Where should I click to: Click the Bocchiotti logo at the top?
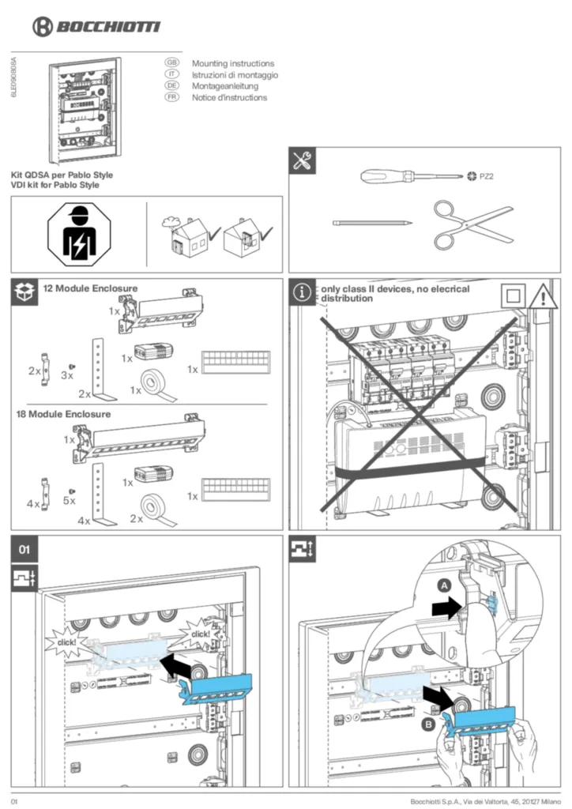[x=96, y=27]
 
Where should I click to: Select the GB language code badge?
[x=171, y=62]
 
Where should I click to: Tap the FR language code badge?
[x=171, y=97]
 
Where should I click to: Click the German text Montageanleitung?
[x=224, y=86]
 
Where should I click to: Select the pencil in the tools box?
[x=372, y=223]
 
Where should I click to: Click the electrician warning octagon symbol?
[x=80, y=234]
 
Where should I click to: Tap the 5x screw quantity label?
[x=70, y=500]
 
